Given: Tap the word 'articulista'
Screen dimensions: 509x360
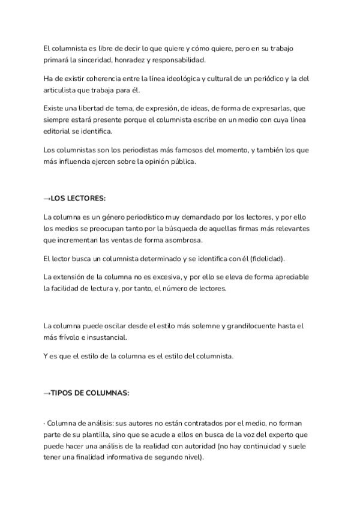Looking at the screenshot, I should (61, 91).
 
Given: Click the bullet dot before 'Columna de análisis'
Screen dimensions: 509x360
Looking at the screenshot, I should (44, 424).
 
